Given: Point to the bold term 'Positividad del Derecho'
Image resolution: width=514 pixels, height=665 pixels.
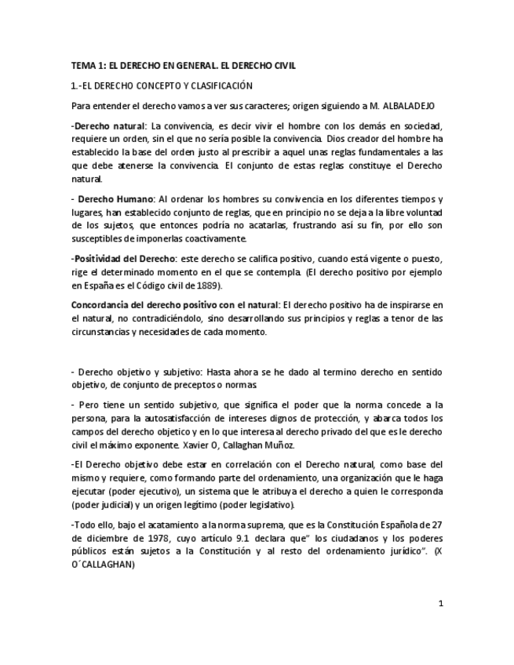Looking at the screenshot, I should point(115,260).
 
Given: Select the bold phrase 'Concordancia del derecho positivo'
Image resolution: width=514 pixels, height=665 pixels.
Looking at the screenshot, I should point(149,305).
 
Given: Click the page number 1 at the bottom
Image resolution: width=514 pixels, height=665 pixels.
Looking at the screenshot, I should point(441,603).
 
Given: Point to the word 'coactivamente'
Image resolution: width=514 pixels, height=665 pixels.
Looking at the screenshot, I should point(208,239).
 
